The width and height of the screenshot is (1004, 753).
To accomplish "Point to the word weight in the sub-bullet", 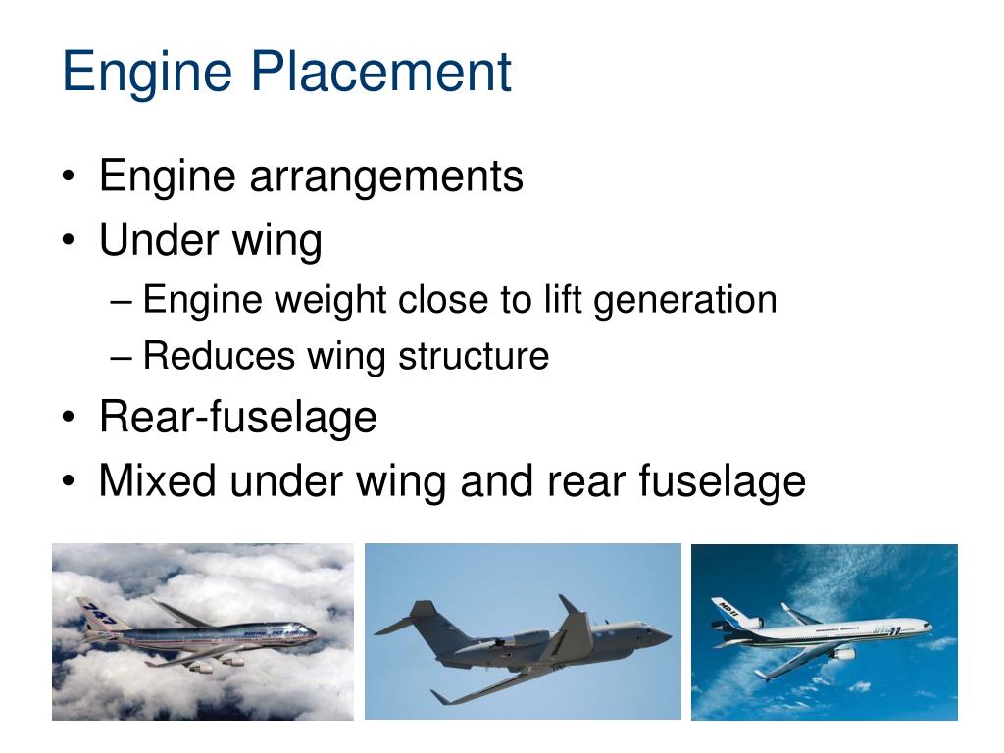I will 332,299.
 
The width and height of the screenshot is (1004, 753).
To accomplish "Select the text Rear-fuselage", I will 238,418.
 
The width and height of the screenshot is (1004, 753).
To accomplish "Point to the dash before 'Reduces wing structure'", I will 122,356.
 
